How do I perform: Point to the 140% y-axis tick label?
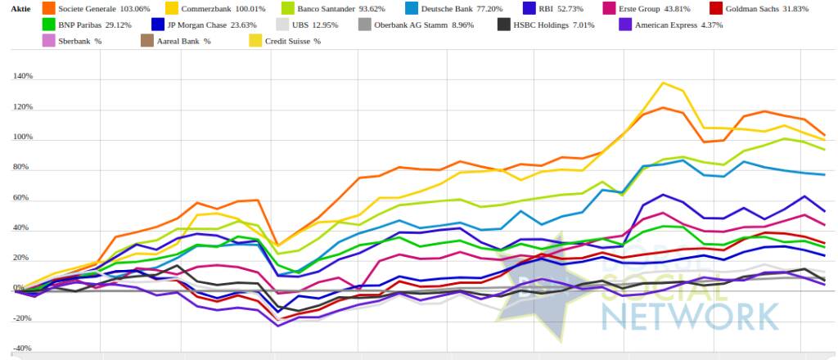22,77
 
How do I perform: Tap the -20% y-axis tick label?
22,319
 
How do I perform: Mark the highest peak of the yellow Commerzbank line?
662,83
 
